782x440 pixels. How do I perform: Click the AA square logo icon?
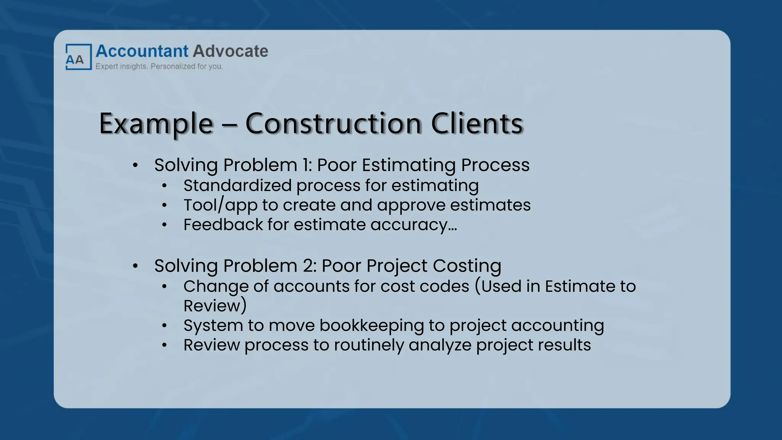[78, 57]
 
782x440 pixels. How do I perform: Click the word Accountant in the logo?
[142, 51]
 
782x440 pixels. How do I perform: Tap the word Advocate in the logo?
[230, 51]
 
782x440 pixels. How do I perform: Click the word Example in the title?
[156, 124]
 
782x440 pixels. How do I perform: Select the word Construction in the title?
[333, 124]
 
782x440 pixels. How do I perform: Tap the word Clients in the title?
[477, 124]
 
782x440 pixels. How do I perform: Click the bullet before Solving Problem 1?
[135, 166]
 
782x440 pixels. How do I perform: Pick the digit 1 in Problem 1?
[306, 165]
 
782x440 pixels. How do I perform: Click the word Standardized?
[237, 186]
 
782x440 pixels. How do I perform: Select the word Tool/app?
[220, 205]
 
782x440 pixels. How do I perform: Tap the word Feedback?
[223, 225]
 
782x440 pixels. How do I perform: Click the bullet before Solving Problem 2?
[135, 266]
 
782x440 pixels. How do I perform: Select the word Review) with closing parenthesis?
[215, 306]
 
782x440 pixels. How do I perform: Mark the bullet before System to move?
[165, 326]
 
